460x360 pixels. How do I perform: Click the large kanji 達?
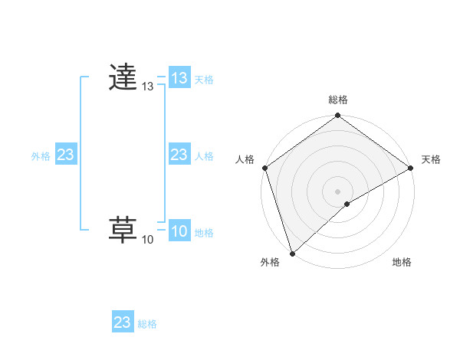(x=123, y=78)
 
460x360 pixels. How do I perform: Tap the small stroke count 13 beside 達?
(x=147, y=87)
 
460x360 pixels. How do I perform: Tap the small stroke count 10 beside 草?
(x=147, y=240)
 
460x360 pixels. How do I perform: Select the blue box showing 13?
(x=179, y=78)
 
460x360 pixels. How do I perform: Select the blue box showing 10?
(x=179, y=232)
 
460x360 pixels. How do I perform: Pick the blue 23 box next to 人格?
(x=179, y=155)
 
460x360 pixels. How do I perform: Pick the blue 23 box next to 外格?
(x=66, y=155)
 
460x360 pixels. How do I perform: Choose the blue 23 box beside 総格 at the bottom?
(x=123, y=322)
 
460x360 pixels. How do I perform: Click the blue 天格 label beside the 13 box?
(x=204, y=80)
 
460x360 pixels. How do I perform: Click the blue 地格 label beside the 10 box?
(x=204, y=233)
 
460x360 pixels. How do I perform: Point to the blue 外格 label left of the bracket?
(x=41, y=156)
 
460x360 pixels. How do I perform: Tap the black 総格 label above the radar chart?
(x=338, y=100)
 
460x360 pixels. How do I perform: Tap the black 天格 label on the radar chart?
(x=432, y=159)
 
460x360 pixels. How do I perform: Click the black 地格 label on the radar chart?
(x=402, y=263)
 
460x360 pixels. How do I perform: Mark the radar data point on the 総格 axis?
(x=338, y=116)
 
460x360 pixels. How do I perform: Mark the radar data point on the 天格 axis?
(x=411, y=168)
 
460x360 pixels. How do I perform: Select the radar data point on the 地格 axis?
(x=347, y=204)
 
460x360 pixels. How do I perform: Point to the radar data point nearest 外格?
(x=292, y=253)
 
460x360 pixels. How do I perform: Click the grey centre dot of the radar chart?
(x=338, y=191)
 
